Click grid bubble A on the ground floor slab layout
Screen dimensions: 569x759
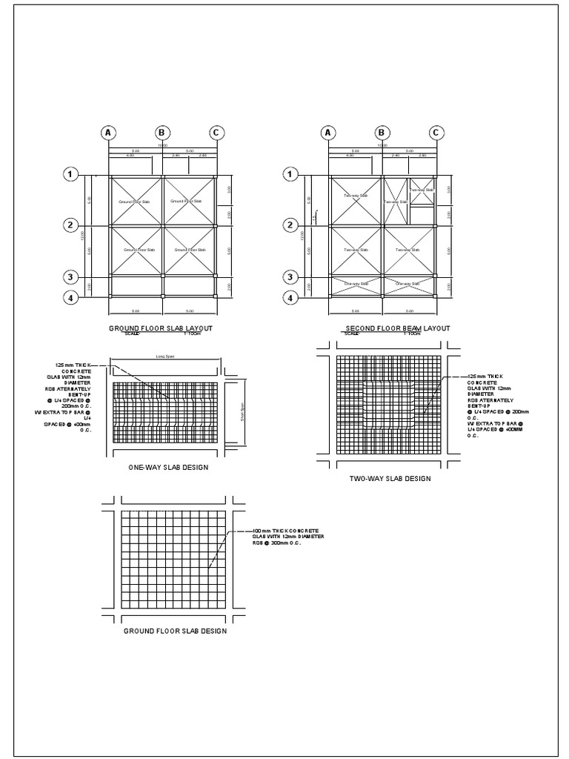[109, 133]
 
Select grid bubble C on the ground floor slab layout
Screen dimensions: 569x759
[216, 133]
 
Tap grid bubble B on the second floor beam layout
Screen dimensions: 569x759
[382, 133]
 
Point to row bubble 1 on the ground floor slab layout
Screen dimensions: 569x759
[71, 174]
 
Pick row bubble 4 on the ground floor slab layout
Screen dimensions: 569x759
[71, 299]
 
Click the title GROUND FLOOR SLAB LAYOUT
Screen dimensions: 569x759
[162, 327]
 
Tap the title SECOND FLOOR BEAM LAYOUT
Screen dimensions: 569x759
[397, 327]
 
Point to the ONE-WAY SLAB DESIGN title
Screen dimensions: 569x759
[168, 468]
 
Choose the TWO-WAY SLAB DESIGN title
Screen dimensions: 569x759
[390, 479]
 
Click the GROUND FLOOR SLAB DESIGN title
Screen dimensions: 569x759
[175, 631]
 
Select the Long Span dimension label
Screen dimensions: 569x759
[164, 356]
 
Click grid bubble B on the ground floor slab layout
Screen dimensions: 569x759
[162, 133]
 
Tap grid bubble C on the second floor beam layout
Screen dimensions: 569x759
[436, 133]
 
